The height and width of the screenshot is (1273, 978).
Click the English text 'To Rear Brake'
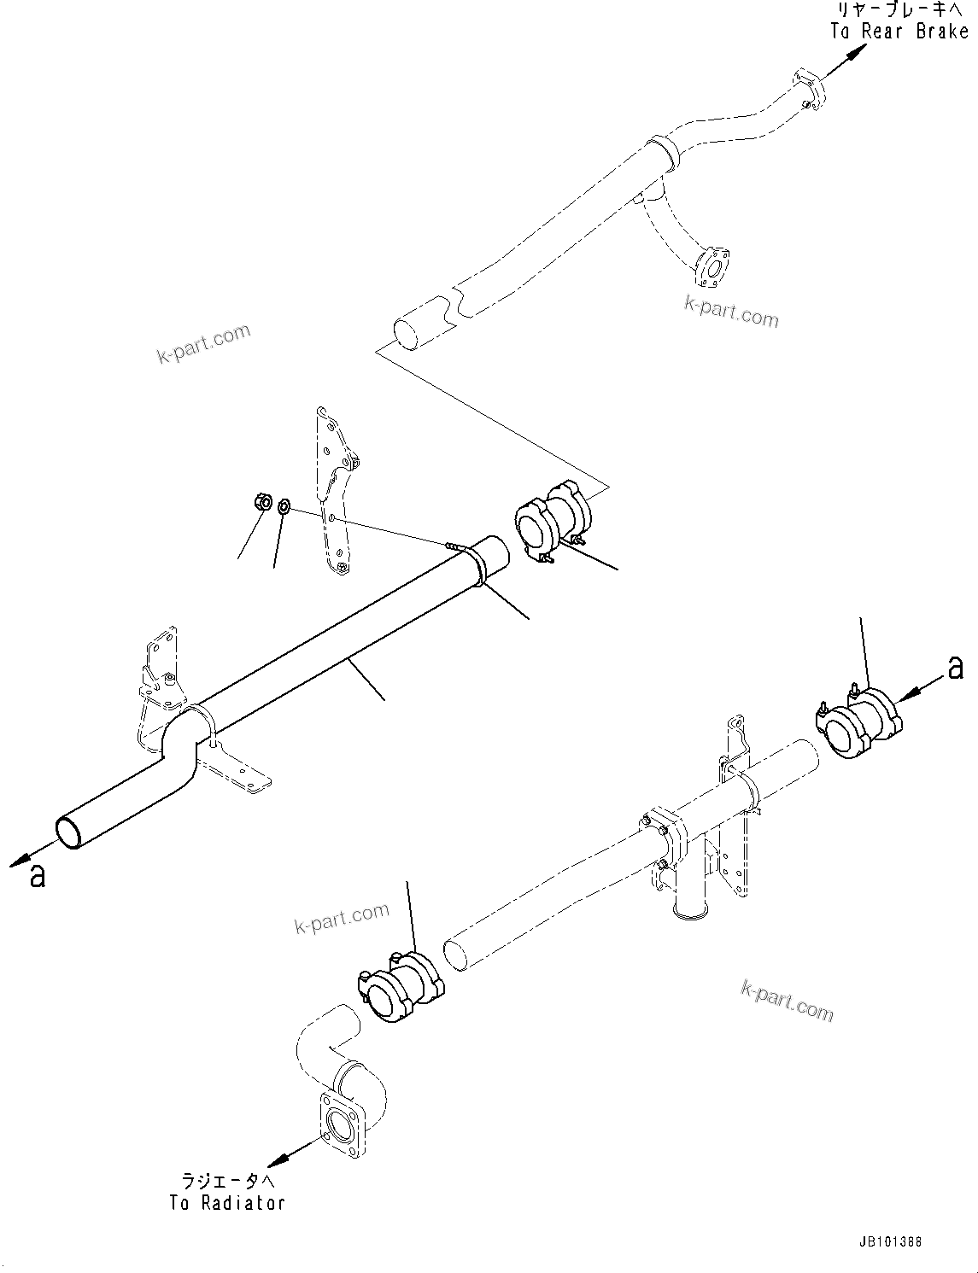pos(899,32)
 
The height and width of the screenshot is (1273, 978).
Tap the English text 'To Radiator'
pos(226,1203)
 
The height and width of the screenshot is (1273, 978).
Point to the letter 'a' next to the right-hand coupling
pos(955,668)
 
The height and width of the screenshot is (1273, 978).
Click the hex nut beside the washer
pos(263,502)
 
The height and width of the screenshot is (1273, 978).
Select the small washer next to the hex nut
pos(285,508)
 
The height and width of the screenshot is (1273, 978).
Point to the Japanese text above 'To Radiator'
pos(227,1182)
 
